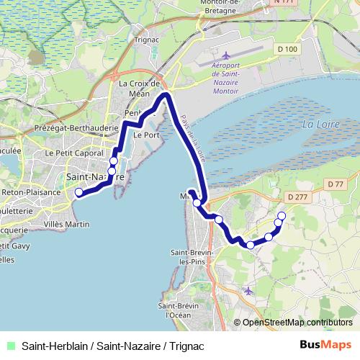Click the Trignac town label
[146, 40]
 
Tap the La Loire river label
[319, 124]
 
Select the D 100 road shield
[287, 49]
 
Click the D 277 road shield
[297, 196]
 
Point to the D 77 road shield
[335, 184]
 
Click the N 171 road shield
[284, 3]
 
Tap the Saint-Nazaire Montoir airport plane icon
[226, 55]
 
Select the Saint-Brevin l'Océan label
[182, 310]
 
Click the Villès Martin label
[66, 225]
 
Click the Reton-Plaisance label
[25, 193]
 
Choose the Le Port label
[148, 135]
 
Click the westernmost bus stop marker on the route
[79, 192]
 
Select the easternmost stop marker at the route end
[282, 216]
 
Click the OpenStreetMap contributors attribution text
[297, 323]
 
